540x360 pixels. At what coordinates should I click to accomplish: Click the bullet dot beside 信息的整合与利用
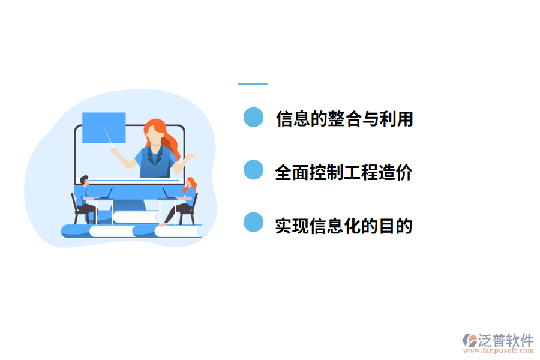click(x=254, y=118)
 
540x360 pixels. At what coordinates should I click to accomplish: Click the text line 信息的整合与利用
click(x=344, y=119)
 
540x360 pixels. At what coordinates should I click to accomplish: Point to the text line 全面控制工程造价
click(x=344, y=173)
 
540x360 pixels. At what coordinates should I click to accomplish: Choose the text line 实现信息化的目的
click(x=344, y=226)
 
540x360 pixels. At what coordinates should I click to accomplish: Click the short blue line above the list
click(x=253, y=84)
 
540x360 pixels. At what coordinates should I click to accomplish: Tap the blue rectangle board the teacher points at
click(x=104, y=127)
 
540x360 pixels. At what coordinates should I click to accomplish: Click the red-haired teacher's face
click(x=154, y=136)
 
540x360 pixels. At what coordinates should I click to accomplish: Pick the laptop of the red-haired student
click(x=166, y=194)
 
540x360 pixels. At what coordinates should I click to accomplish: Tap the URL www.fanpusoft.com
click(x=499, y=351)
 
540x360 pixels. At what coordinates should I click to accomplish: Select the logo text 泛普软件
click(x=506, y=340)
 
